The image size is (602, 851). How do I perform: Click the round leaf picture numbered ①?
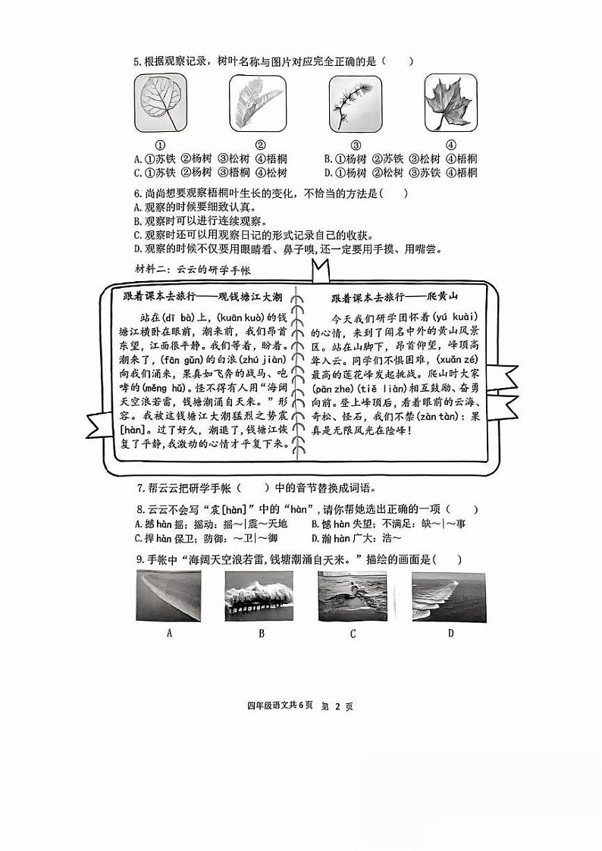coord(160,102)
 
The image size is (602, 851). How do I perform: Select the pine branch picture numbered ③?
coord(355,102)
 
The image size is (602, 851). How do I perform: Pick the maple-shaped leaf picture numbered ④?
coord(450,102)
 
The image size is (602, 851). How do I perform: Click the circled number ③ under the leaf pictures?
coord(355,145)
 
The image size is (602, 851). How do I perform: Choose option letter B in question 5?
coord(328,159)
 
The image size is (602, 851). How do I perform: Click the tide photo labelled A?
coord(169,596)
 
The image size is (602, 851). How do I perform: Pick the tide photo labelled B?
coord(261,596)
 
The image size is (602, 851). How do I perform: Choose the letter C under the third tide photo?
coord(353,634)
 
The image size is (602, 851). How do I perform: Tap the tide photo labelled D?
coord(450,596)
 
